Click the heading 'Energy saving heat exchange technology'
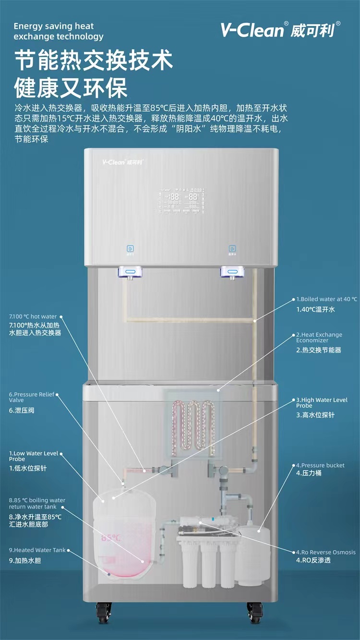tap(58, 31)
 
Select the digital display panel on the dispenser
tap(181, 200)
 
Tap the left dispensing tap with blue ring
tap(130, 273)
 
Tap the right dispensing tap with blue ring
tap(232, 273)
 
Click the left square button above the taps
tap(130, 249)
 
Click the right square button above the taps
tap(232, 249)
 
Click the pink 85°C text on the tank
tap(111, 538)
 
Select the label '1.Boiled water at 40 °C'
tap(326, 299)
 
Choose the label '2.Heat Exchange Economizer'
tap(319, 337)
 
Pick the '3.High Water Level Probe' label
tap(322, 402)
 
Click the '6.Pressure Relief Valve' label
tap(31, 397)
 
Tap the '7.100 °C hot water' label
tap(33, 316)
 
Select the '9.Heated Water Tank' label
tap(37, 550)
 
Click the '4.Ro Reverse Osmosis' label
tap(325, 552)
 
